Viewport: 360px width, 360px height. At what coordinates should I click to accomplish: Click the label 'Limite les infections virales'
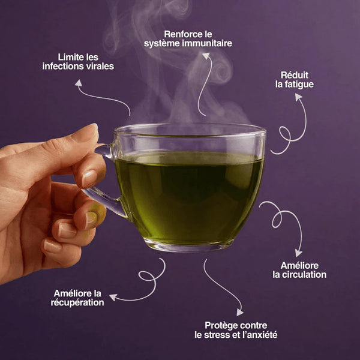click(78, 61)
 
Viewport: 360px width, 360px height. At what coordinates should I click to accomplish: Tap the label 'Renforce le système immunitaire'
click(188, 39)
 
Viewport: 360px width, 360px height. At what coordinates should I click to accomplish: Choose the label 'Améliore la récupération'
click(77, 298)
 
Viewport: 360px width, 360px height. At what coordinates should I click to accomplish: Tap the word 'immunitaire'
click(205, 44)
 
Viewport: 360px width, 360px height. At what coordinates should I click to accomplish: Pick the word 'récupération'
click(77, 302)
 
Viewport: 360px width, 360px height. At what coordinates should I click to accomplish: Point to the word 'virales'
click(99, 65)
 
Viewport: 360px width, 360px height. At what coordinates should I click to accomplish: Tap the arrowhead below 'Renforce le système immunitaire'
click(206, 56)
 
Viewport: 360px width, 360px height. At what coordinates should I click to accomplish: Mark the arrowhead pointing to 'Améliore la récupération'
click(112, 296)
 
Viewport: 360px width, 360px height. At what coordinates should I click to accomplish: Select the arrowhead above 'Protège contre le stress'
click(240, 312)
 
